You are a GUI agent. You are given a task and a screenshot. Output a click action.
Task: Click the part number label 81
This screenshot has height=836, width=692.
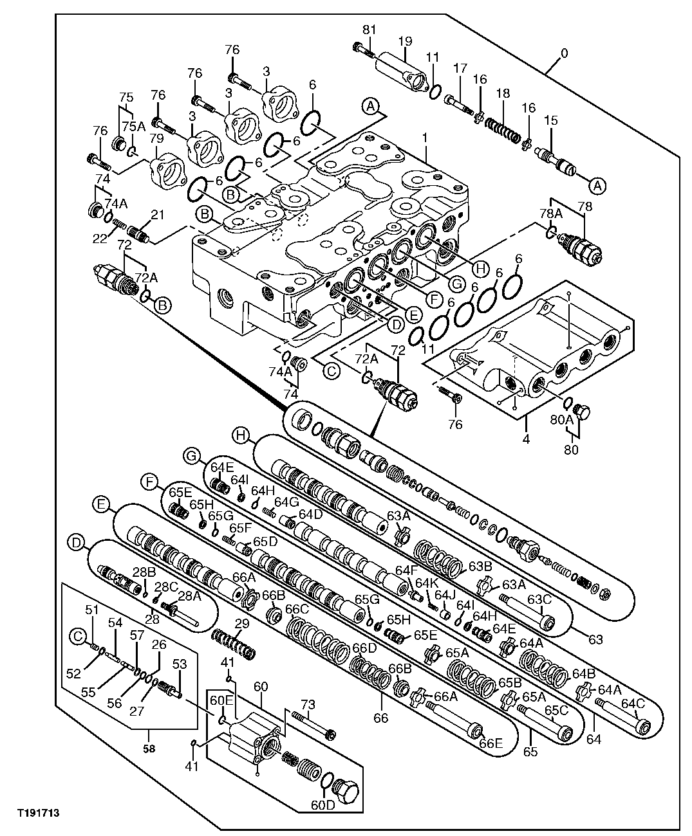(x=368, y=30)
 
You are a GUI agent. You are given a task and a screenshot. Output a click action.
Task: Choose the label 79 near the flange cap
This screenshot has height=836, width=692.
(x=155, y=140)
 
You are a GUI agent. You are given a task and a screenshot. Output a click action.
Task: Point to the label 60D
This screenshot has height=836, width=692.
(x=323, y=804)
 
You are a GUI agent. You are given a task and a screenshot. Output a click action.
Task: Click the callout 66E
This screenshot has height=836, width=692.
(x=490, y=743)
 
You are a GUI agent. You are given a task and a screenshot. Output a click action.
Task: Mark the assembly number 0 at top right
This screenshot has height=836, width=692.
(x=564, y=54)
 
